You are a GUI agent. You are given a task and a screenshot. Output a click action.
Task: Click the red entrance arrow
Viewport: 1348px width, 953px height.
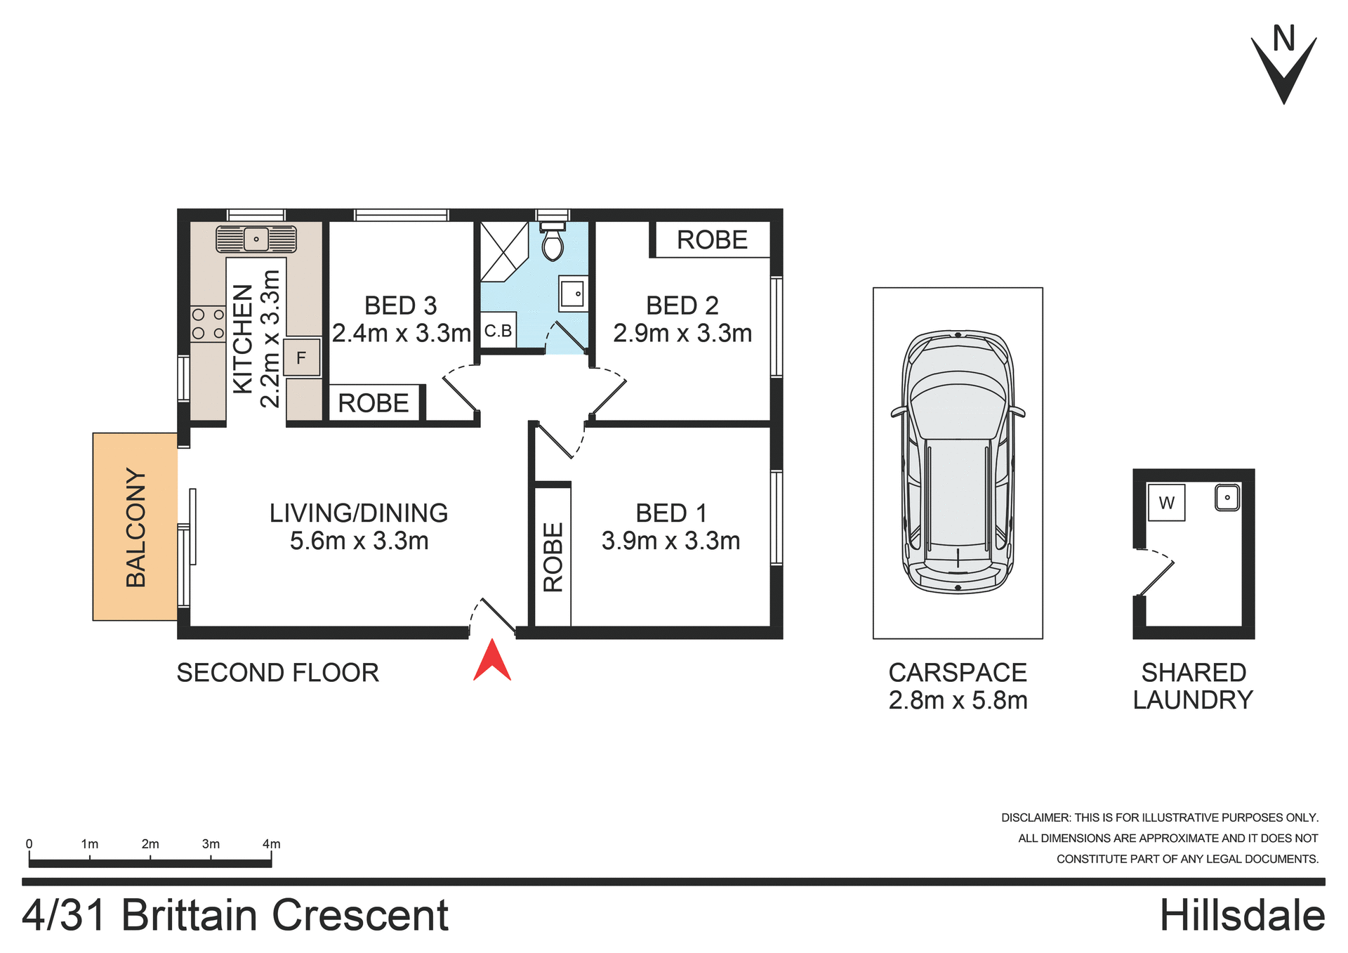tap(492, 661)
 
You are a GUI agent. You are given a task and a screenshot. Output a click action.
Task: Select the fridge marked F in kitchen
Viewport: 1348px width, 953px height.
tap(302, 357)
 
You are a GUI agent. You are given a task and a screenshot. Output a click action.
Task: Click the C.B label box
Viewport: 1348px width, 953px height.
tap(498, 331)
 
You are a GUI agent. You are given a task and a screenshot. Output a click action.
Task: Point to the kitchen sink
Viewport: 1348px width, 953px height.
tap(256, 239)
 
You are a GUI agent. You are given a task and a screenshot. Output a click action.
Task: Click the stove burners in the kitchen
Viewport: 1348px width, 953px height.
tap(208, 324)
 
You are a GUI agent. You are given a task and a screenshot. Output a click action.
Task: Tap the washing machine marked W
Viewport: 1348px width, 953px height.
tap(1166, 503)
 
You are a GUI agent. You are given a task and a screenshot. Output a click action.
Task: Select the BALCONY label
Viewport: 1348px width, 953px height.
tap(136, 527)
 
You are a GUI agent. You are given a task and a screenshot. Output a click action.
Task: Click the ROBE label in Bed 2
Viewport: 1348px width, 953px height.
tap(712, 240)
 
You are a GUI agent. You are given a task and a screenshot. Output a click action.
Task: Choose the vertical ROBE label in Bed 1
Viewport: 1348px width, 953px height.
tap(553, 557)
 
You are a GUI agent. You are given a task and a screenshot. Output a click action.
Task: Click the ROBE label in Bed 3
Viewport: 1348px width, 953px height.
tap(374, 403)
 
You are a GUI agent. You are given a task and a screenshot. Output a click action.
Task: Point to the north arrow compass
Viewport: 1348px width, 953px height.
tap(1283, 67)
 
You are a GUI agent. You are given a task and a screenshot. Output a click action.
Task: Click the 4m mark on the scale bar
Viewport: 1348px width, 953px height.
tap(271, 844)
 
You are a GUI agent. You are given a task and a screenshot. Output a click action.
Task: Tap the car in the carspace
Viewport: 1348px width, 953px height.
tap(958, 462)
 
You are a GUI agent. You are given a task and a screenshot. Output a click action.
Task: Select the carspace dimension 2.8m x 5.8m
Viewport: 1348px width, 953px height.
tap(958, 700)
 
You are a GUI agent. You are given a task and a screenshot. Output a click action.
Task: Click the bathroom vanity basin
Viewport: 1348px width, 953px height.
tap(573, 294)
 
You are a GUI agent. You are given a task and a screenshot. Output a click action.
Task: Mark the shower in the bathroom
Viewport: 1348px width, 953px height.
tap(503, 251)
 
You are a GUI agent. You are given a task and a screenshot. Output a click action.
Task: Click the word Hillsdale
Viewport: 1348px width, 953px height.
tap(1241, 916)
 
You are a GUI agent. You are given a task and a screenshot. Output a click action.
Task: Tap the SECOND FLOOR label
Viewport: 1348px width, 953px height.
tap(277, 673)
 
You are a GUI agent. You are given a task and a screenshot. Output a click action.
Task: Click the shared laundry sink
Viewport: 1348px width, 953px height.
tap(1227, 498)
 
